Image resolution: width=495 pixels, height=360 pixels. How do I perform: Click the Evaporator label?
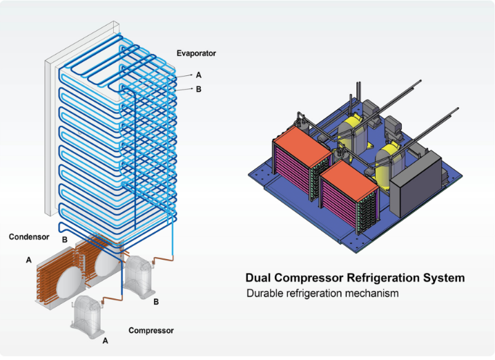point(197,53)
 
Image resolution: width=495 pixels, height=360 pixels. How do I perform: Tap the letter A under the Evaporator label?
point(199,75)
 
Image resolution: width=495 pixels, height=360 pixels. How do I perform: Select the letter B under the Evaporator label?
point(199,88)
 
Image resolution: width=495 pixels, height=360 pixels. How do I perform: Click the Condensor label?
point(29,237)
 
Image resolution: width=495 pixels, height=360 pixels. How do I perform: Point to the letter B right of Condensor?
point(64,238)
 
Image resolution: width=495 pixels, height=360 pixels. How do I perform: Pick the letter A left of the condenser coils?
point(28,260)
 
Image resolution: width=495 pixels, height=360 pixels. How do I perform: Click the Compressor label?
point(151,331)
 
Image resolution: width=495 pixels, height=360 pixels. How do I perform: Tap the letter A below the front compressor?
point(105,341)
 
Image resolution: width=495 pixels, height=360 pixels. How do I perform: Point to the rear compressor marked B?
point(142,276)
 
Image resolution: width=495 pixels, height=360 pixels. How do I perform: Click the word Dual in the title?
point(260,278)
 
